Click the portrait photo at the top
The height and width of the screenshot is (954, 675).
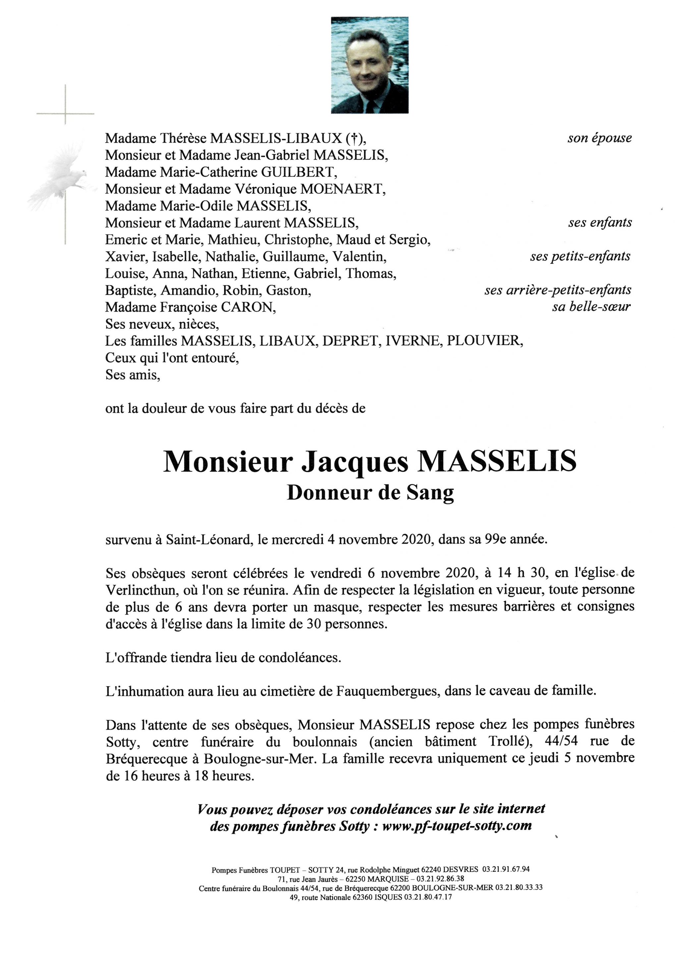(369, 65)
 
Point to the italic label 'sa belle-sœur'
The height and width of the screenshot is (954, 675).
(591, 307)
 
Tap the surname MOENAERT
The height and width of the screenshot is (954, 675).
(343, 189)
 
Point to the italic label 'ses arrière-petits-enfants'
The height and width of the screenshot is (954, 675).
(557, 290)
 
